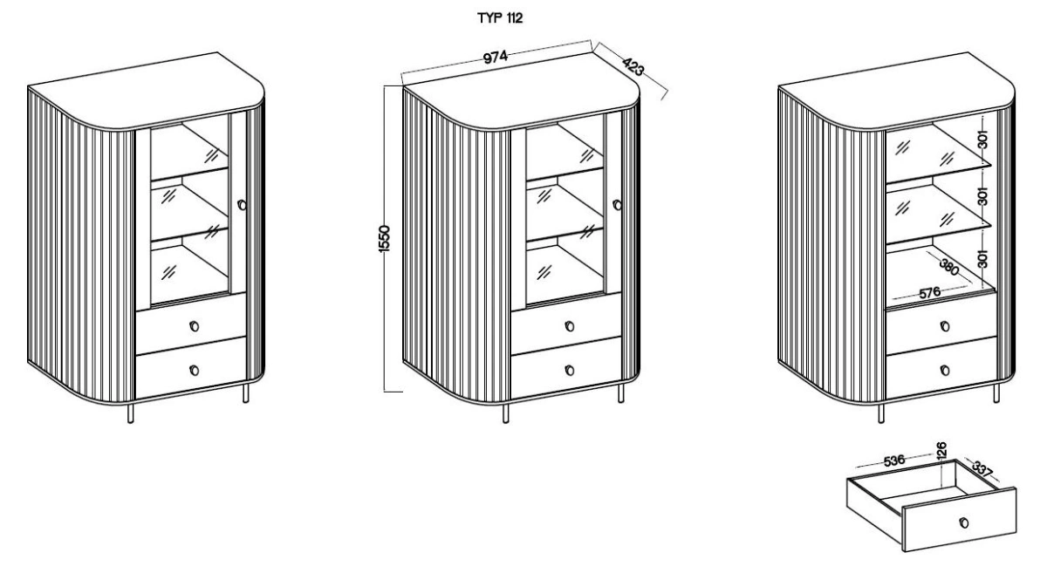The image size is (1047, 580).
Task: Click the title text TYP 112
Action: [500, 18]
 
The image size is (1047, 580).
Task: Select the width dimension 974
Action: [495, 57]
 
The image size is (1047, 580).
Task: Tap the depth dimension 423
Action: [633, 67]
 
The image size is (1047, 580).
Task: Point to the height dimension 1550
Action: [384, 239]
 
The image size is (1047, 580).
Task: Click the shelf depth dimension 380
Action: [949, 267]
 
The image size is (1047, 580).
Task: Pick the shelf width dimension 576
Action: [930, 293]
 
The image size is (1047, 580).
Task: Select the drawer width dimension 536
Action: [894, 461]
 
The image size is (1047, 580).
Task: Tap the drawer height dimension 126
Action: [941, 449]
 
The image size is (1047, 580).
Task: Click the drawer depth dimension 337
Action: [982, 468]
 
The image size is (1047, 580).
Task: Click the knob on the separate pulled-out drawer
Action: [964, 522]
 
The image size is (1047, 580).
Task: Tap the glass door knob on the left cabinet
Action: [242, 205]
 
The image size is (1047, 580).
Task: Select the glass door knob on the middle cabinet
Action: [617, 205]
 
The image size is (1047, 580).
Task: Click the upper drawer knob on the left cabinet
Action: [194, 326]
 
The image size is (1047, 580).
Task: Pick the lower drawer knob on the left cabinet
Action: [194, 371]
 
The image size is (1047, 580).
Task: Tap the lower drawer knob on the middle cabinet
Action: [569, 371]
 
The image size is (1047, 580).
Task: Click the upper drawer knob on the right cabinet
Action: [945, 326]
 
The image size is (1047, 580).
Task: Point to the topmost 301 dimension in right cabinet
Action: [983, 140]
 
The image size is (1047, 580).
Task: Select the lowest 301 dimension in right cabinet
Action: [983, 259]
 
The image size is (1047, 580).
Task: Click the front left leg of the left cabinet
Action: [130, 413]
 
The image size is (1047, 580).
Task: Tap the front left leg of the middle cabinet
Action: [506, 413]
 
